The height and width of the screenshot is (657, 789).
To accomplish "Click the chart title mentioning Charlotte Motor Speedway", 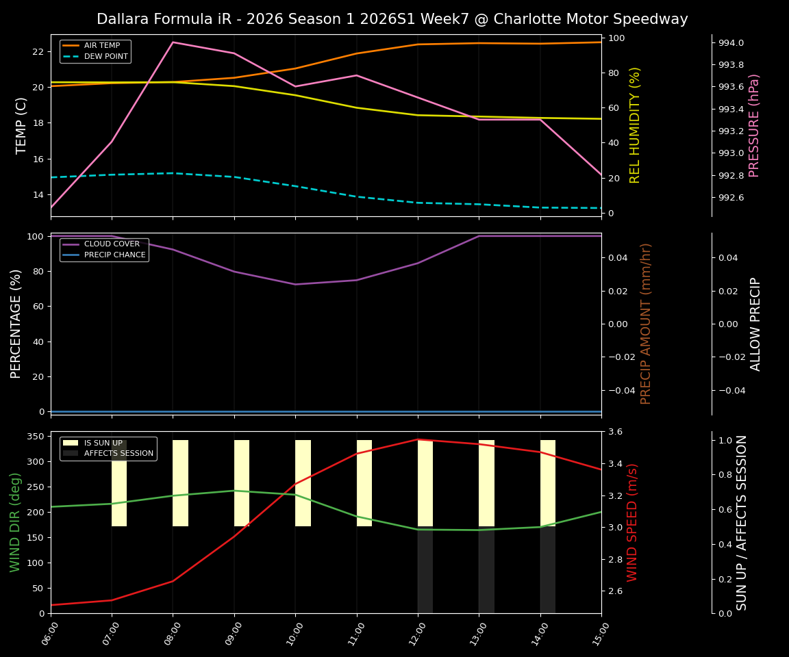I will pyautogui.click(x=392, y=19).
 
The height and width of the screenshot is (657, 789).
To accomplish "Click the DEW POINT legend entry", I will pyautogui.click(x=105, y=56).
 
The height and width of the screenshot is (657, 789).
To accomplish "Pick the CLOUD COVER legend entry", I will pyautogui.click(x=112, y=244).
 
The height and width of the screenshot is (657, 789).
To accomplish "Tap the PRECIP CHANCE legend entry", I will pyautogui.click(x=114, y=255).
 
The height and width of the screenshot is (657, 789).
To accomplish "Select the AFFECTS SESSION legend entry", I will pyautogui.click(x=118, y=453).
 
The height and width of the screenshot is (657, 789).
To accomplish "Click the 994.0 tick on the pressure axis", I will pyautogui.click(x=730, y=42).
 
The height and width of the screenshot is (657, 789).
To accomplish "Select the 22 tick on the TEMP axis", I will pyautogui.click(x=38, y=51).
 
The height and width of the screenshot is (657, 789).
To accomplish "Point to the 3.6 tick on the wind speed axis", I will pyautogui.click(x=614, y=432).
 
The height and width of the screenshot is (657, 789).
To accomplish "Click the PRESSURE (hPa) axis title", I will pyautogui.click(x=754, y=125).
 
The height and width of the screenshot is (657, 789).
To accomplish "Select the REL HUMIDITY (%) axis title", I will pyautogui.click(x=635, y=125).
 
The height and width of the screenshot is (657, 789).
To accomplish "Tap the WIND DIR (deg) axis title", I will pyautogui.click(x=15, y=522).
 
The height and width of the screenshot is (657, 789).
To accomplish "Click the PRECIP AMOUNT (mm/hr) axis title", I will pyautogui.click(x=646, y=324).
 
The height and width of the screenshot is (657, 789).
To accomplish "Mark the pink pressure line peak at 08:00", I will pyautogui.click(x=173, y=42).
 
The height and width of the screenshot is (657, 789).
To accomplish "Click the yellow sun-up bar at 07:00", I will pyautogui.click(x=119, y=483).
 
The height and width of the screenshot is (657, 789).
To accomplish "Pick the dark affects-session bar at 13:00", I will pyautogui.click(x=486, y=570).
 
